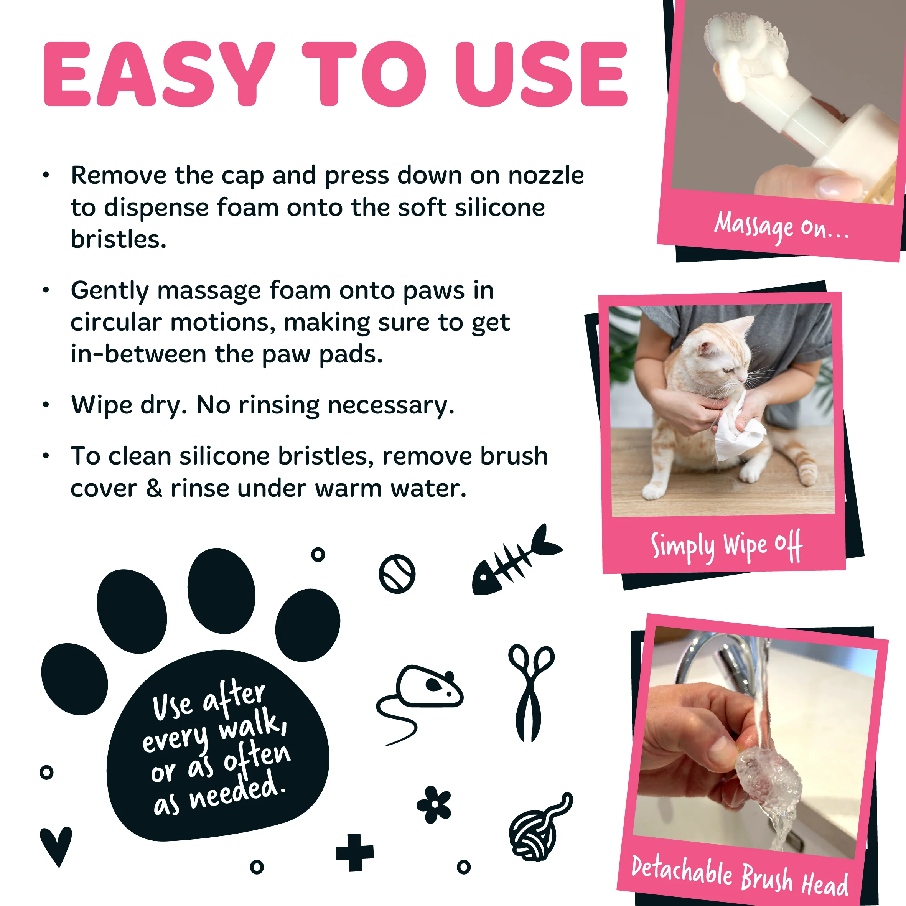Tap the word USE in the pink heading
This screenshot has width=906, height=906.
tap(542, 74)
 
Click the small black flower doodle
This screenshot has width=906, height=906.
tap(434, 804)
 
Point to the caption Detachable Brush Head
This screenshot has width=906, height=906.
tap(740, 875)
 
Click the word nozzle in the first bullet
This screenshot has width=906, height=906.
tap(546, 176)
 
